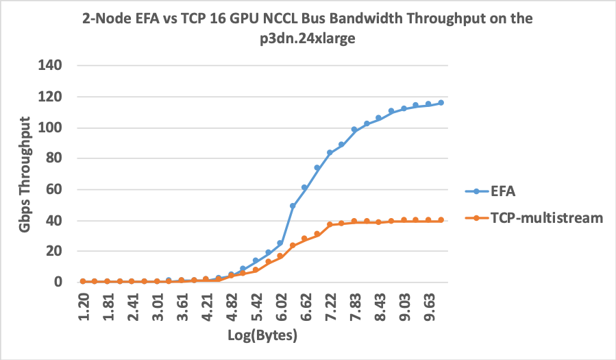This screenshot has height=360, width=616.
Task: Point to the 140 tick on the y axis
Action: point(52,66)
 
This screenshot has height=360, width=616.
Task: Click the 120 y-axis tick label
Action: point(52,97)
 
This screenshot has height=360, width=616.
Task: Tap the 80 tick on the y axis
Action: point(56,158)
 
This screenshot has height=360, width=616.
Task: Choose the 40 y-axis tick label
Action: point(56,220)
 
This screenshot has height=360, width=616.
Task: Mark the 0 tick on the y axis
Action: point(60,282)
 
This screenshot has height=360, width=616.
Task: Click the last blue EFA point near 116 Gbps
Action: point(441,103)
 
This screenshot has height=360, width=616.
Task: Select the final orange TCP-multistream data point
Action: point(441,220)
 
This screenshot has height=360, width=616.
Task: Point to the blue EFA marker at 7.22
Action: point(330,153)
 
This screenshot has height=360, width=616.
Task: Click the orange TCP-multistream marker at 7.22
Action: point(330,224)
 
